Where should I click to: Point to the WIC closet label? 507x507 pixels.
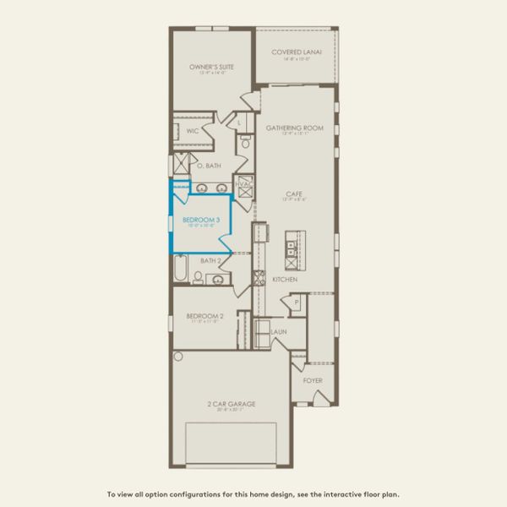pos(192,131)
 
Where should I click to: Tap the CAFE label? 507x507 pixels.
pos(294,194)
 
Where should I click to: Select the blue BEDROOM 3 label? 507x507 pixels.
pos(201,220)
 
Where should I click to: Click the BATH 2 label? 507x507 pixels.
pos(211,260)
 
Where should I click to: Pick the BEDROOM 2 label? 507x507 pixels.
pos(203,316)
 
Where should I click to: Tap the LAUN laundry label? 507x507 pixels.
pos(279,332)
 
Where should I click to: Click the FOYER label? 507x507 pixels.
pos(313,380)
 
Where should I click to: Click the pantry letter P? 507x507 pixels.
pos(297,302)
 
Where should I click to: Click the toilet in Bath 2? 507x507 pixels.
pos(199,275)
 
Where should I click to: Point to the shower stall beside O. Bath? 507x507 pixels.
pos(180,164)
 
